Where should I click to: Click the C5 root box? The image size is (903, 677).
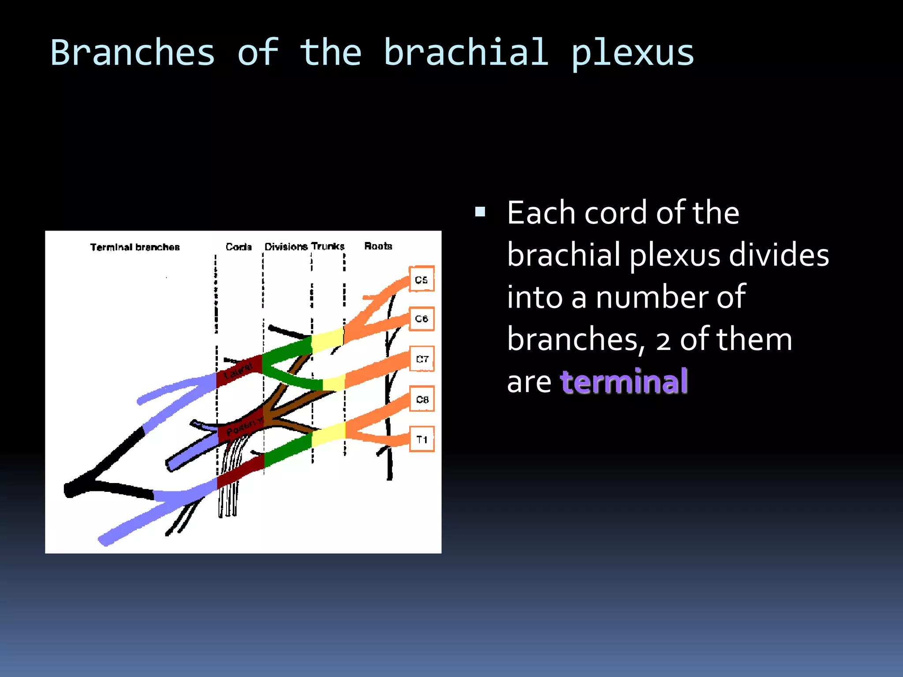(422, 279)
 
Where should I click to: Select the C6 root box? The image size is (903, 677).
(422, 319)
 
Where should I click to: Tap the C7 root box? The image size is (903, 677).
(422, 359)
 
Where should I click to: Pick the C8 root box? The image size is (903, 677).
(422, 399)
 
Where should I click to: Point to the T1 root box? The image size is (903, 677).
(422, 439)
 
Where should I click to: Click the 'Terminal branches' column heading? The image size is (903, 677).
(135, 247)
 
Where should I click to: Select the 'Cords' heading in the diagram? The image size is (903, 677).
(239, 247)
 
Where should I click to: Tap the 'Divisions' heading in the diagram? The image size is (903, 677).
(286, 246)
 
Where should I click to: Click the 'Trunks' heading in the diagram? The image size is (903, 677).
(328, 246)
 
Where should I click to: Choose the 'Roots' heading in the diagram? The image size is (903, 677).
(378, 246)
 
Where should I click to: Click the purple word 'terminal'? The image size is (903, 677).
(624, 381)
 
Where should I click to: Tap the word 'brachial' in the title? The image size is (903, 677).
(466, 52)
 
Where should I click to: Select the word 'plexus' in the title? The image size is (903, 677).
(633, 53)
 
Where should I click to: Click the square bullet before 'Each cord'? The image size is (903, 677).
(480, 212)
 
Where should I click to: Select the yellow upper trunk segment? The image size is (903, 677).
(327, 339)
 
